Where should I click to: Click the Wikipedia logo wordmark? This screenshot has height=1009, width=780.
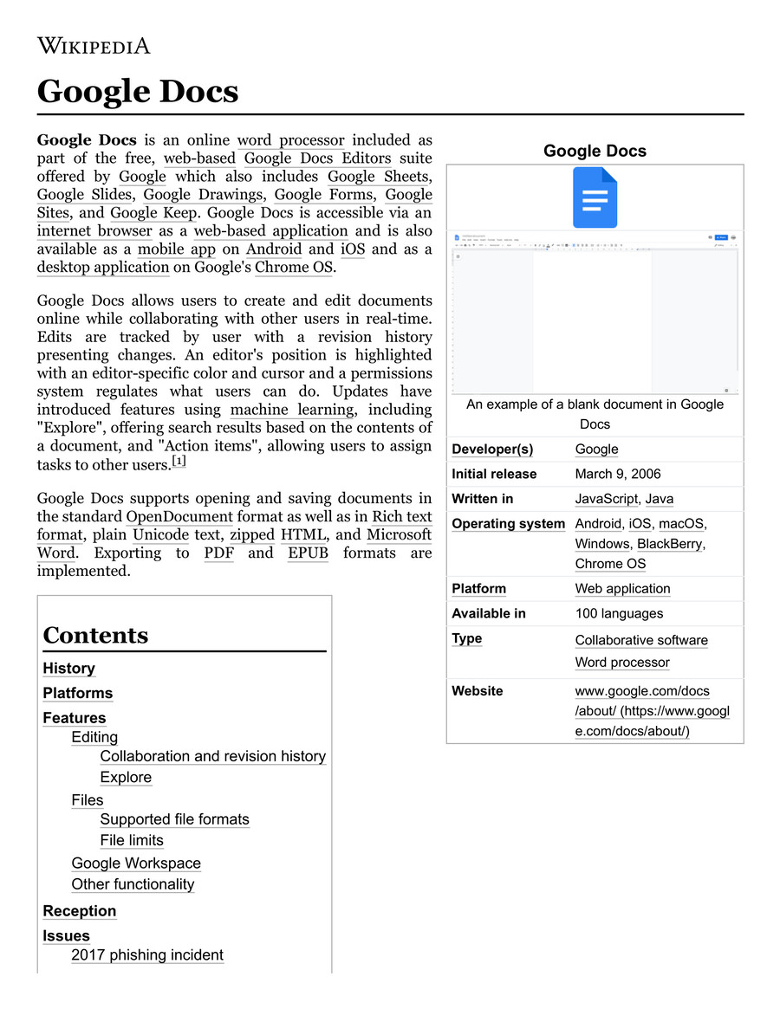tap(94, 45)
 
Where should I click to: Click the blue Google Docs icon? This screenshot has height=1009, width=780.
tap(595, 197)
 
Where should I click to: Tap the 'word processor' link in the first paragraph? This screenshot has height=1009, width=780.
tap(290, 140)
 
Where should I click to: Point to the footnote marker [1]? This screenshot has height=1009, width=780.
tap(179, 462)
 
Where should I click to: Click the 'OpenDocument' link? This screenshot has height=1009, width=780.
tap(179, 517)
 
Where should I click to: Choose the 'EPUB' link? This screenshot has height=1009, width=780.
tap(308, 553)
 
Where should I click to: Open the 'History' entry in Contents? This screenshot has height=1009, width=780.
tap(68, 669)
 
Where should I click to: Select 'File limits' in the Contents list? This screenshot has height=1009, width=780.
tap(132, 840)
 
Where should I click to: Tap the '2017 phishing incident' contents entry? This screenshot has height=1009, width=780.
tap(147, 955)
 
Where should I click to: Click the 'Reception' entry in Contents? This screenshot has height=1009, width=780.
tap(79, 911)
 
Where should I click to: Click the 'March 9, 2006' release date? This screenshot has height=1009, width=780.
tap(618, 474)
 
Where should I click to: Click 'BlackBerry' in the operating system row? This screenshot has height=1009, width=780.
tap(670, 544)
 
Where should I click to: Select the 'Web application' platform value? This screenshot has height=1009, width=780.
tap(622, 589)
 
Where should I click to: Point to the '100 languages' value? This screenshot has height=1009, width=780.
tap(619, 613)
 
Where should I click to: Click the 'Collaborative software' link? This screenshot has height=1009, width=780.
tap(641, 640)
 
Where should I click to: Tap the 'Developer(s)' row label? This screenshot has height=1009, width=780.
tap(492, 449)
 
